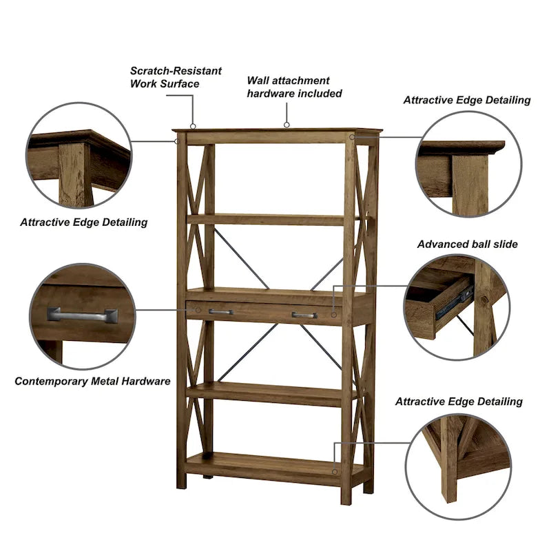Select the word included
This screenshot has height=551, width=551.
[x=319, y=94]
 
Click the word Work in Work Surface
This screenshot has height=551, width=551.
[x=144, y=84]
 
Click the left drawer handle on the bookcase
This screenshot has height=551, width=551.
[x=220, y=313]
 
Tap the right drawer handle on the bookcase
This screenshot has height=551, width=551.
[x=304, y=315]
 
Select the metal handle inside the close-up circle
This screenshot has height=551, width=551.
[x=82, y=315]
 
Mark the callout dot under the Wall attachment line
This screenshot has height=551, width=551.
[x=287, y=125]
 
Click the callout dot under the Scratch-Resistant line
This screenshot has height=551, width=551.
[x=193, y=126]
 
